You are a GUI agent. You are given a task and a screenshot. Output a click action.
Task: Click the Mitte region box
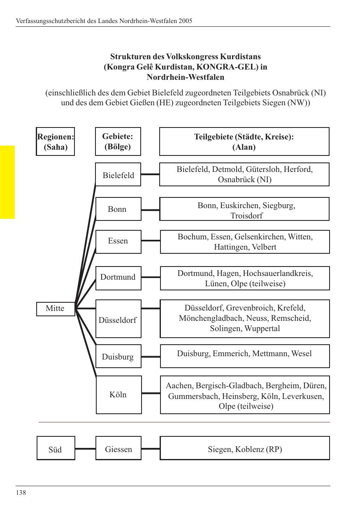[56, 308]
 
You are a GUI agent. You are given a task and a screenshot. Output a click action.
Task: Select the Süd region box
[56, 448]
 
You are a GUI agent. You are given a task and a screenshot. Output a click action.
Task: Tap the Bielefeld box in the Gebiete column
[118, 175]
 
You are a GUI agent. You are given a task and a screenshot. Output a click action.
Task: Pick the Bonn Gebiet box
[118, 209]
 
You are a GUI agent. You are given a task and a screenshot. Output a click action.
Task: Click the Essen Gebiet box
[118, 241]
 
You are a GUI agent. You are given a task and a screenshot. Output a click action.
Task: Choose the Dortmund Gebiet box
[118, 278]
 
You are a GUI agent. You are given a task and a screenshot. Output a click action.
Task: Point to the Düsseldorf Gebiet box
[118, 319]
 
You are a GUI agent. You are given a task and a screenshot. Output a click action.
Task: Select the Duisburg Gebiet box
[118, 356]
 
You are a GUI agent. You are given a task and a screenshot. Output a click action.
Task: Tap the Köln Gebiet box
[118, 394]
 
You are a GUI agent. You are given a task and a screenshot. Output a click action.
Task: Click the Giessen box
[118, 448]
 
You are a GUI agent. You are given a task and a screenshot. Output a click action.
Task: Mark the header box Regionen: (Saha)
[56, 141]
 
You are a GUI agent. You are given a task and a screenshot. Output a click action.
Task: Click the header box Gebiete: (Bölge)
[118, 141]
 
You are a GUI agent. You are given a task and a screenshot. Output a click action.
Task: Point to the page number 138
[21, 493]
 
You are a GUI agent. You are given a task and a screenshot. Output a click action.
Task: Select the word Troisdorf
[246, 215]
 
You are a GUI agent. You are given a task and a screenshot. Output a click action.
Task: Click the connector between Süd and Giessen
[85, 449]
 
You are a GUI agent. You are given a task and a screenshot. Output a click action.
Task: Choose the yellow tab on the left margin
[7, 182]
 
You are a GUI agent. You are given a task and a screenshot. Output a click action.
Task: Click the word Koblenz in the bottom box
[250, 449]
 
